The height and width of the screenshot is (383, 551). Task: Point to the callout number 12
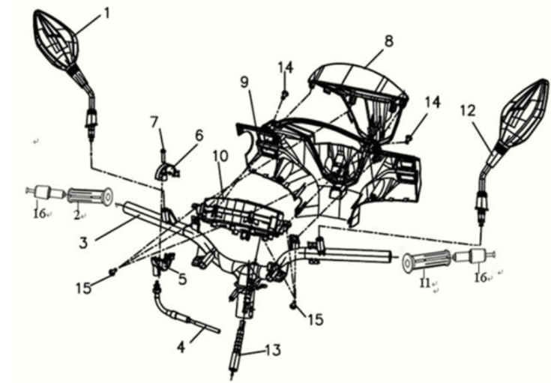coord(467,110)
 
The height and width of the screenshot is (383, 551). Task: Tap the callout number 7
coord(154,121)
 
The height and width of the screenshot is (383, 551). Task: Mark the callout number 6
coord(199,135)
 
